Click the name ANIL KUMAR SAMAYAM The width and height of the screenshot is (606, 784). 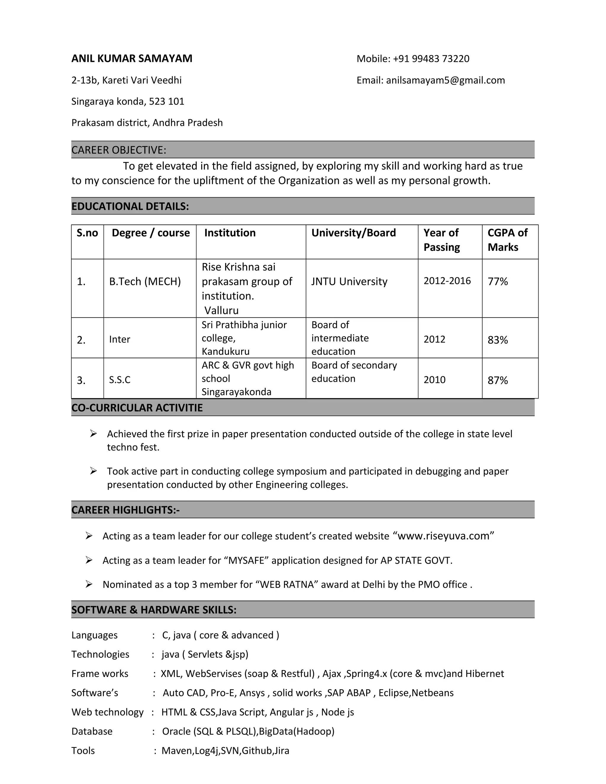[x=132, y=58]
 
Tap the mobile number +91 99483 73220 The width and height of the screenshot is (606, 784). [x=431, y=59]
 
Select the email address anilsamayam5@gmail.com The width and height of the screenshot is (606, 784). [x=445, y=80]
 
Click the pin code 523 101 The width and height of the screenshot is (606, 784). [x=167, y=101]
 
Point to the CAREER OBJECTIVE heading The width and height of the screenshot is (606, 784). [x=119, y=150]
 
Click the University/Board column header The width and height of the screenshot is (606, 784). [x=353, y=233]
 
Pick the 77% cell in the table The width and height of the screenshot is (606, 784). [x=498, y=281]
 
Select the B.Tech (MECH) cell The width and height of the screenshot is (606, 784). [x=145, y=281]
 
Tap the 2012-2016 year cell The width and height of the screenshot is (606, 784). [x=447, y=281]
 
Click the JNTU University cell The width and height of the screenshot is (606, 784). [x=349, y=281]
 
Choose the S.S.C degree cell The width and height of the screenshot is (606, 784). [x=120, y=380]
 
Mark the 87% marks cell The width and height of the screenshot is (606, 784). [x=498, y=380]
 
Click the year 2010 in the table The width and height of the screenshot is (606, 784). [x=434, y=380]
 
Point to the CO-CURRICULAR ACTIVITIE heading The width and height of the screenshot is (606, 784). [x=137, y=408]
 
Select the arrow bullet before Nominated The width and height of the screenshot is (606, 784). [x=89, y=584]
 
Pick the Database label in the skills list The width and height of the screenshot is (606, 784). [x=92, y=731]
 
